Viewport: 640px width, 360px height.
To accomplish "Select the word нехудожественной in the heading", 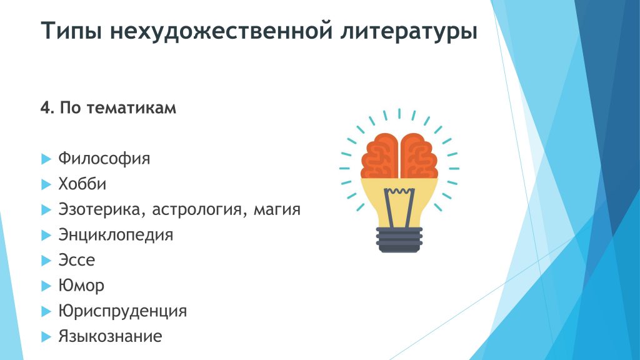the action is point(221,31).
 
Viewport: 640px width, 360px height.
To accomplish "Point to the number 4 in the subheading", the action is point(45,107).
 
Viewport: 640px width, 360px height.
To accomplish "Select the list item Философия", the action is point(104,158).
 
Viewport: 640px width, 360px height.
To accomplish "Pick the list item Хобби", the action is point(82,184).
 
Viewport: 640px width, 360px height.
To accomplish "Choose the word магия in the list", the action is point(277,210).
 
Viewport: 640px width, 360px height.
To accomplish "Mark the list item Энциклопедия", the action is point(116,235).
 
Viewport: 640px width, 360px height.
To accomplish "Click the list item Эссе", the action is point(77,260).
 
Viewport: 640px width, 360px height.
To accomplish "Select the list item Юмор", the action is point(81,286).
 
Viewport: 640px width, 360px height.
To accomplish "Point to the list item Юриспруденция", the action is point(122,311).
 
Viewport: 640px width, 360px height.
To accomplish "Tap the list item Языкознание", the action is point(110,336).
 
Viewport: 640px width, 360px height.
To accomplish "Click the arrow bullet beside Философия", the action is point(46,159).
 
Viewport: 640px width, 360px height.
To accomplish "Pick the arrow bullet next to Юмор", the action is point(46,286).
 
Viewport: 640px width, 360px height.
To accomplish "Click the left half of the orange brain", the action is point(379,156).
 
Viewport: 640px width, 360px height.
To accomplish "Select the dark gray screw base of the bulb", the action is point(399,239).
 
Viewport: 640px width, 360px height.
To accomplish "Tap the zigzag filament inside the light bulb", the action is point(399,191).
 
